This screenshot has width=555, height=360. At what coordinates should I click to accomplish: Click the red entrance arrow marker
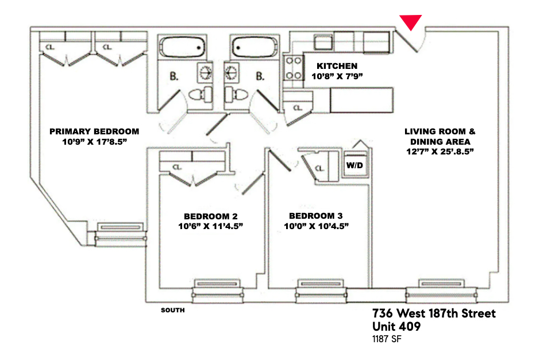tap(411, 22)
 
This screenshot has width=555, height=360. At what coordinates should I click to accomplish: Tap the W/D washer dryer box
tap(355, 165)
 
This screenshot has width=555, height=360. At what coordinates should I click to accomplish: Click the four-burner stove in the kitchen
tap(294, 68)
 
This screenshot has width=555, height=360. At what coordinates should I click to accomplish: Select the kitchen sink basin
tap(323, 42)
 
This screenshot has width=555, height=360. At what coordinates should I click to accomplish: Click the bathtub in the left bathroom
tap(182, 47)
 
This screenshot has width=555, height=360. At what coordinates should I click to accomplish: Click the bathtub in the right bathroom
tap(255, 47)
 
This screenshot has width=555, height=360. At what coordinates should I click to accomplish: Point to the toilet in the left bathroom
tap(201, 94)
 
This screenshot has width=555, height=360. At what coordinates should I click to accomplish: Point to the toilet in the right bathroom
tap(237, 94)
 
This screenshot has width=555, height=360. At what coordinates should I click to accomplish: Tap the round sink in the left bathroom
tap(205, 72)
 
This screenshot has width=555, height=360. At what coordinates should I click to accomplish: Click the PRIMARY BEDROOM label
tap(94, 131)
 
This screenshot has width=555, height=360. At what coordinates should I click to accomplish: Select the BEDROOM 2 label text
tap(211, 216)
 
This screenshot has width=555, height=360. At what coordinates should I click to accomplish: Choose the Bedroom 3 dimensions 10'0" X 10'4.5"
tap(316, 226)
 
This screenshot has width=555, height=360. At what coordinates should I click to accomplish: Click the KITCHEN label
tap(337, 66)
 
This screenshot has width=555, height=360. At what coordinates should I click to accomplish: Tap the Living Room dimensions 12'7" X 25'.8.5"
tap(440, 152)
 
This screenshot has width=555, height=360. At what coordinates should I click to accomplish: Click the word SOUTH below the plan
tap(173, 310)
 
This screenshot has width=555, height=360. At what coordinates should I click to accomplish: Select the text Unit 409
tap(396, 326)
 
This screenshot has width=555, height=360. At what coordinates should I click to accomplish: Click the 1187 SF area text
tap(387, 339)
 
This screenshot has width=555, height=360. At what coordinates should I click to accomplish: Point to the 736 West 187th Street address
tap(434, 313)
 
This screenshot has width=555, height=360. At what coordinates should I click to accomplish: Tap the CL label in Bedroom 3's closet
tap(319, 168)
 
